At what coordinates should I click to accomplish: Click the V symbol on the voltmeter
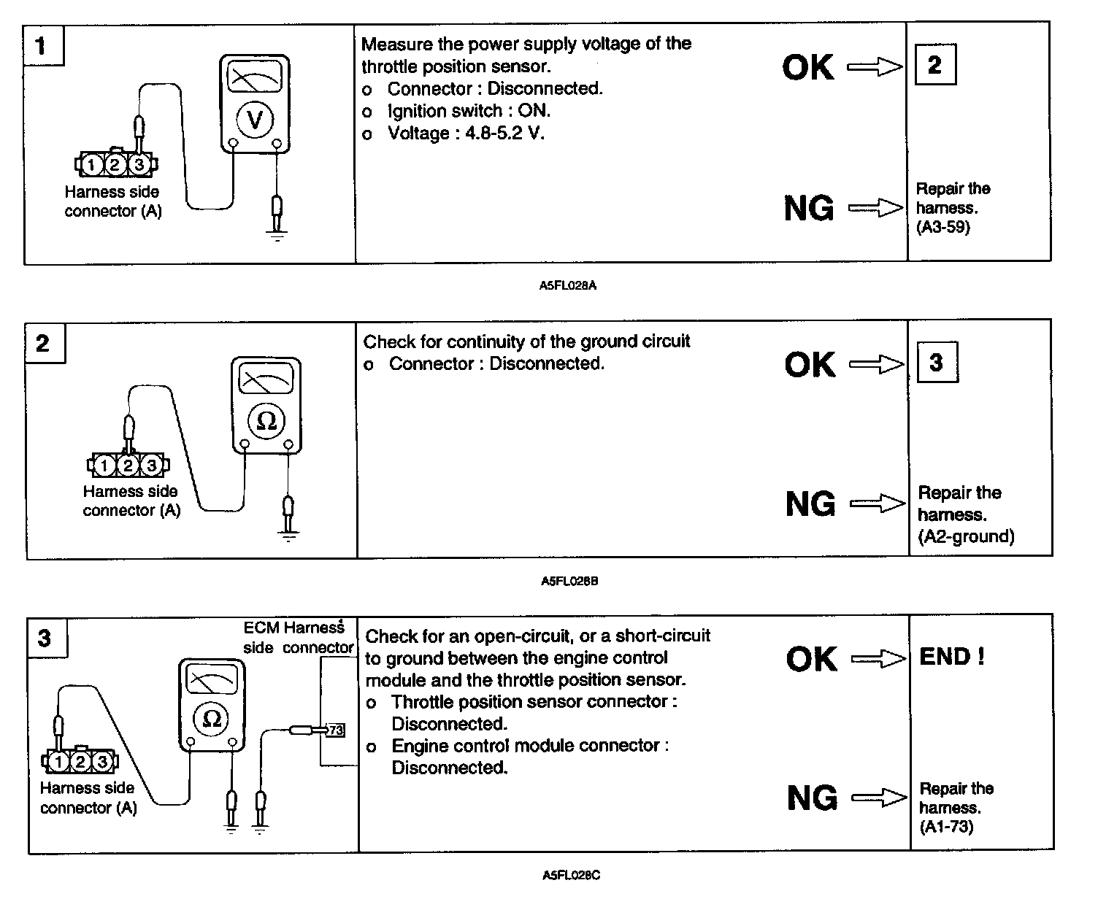[x=255, y=119]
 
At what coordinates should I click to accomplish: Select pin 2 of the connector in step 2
[x=128, y=465]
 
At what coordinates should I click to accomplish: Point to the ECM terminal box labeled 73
[x=336, y=730]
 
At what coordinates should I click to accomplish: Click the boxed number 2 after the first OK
[x=934, y=66]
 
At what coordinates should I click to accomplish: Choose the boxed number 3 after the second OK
[x=937, y=363]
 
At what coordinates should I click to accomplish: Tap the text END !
[x=952, y=657]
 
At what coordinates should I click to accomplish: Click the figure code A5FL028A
[x=568, y=286]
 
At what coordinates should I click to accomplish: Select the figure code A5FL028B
[x=569, y=582]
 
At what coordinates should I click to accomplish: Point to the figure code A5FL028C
[x=571, y=875]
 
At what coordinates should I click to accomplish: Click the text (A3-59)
[x=943, y=228]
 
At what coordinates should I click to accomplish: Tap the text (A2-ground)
[x=966, y=537]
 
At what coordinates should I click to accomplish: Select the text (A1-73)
[x=946, y=827]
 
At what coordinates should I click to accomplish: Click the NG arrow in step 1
[x=875, y=209]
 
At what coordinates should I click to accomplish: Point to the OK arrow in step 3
[x=879, y=660]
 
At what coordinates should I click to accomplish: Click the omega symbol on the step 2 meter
[x=266, y=421]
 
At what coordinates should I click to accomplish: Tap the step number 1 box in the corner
[x=42, y=46]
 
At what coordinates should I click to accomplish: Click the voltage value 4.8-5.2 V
[x=504, y=134]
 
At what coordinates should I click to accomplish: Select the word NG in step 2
[x=810, y=504]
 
